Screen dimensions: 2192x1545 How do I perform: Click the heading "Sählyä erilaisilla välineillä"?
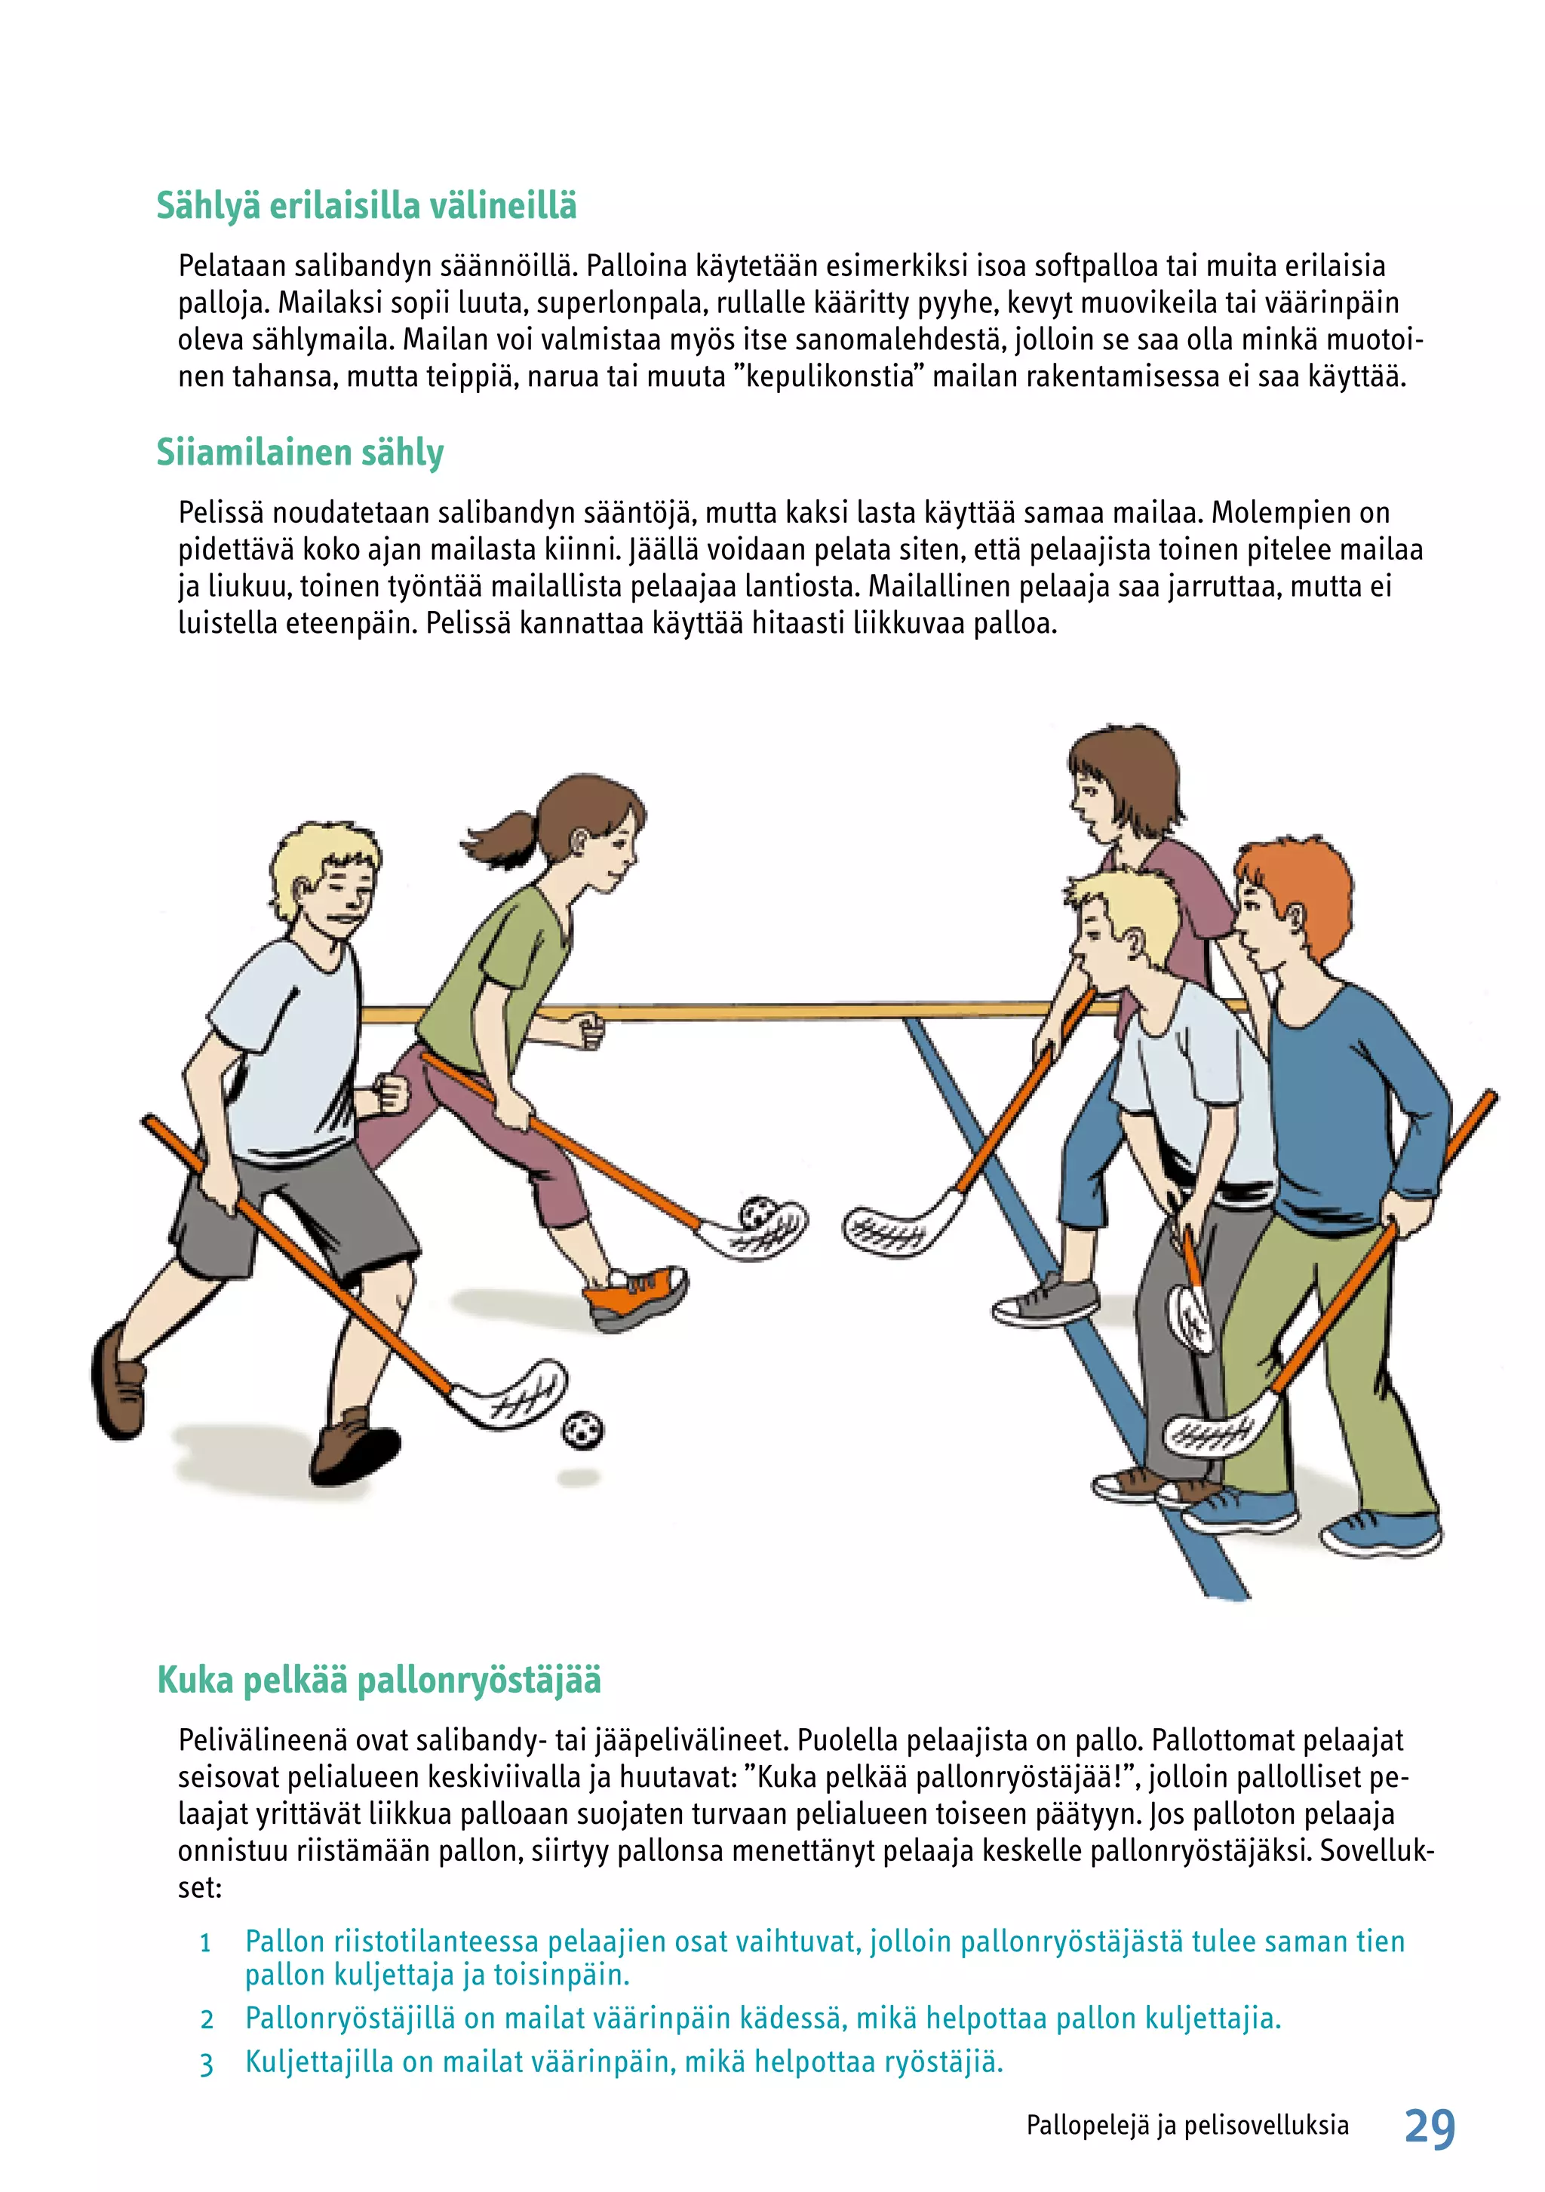point(367,206)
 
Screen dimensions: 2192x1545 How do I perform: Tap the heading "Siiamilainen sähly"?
point(299,453)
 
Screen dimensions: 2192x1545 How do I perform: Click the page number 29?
point(1430,2128)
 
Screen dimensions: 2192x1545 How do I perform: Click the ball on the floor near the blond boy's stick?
point(582,1430)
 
